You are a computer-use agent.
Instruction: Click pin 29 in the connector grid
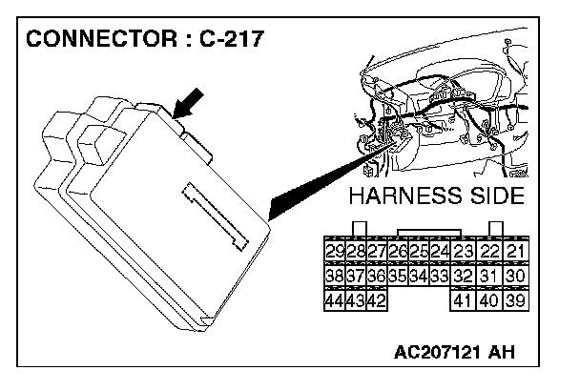point(334,252)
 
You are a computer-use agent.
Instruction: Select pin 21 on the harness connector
point(517,252)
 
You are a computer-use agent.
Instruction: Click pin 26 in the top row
point(397,252)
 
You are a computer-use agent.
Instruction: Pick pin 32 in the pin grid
point(464,277)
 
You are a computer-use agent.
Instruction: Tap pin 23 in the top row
point(464,252)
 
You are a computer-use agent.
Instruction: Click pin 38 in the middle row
point(334,277)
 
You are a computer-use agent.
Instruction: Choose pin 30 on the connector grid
point(517,277)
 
